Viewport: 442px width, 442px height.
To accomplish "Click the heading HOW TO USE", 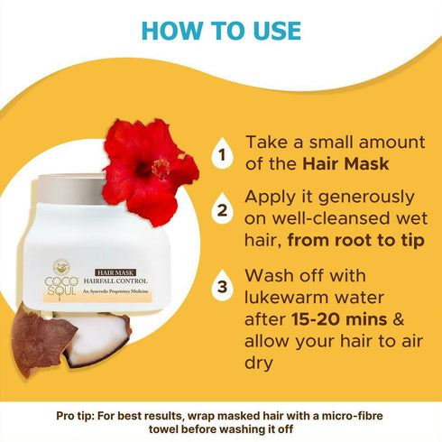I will pos(221,30).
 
